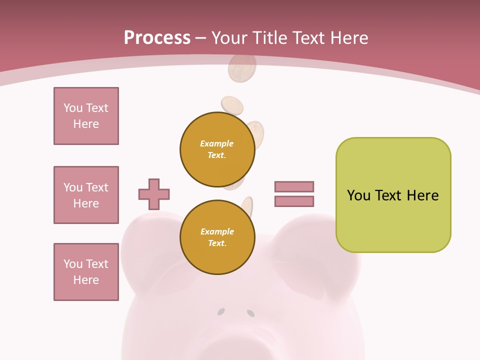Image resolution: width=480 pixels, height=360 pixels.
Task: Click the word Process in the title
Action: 157,38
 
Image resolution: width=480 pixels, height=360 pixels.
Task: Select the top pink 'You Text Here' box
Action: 86,116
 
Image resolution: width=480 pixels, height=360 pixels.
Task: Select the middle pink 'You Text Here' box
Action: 86,195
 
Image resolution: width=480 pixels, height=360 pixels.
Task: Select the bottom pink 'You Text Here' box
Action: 86,272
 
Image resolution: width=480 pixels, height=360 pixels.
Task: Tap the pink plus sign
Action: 154,194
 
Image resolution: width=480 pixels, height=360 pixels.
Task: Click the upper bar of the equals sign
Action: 294,186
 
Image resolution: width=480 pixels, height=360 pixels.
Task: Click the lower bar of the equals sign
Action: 294,201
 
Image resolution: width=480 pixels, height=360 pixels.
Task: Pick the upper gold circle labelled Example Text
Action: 217,149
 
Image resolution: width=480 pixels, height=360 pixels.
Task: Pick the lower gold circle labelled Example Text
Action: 217,237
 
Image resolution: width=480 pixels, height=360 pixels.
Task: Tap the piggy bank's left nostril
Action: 220,312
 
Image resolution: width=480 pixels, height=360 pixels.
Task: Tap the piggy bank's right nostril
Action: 250,313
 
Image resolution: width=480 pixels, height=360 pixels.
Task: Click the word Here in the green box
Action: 422,195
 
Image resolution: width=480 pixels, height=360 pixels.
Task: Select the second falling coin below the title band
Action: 232,105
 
